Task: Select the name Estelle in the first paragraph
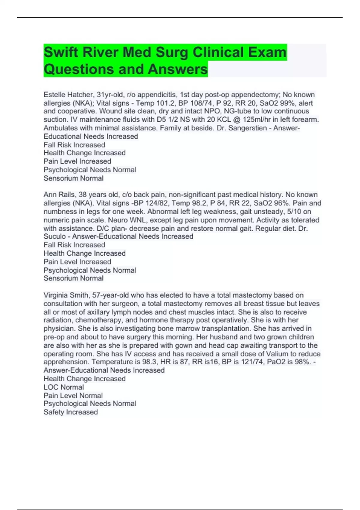(54, 95)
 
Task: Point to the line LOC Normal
(64, 387)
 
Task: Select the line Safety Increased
(70, 412)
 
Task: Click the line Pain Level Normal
(73, 396)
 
